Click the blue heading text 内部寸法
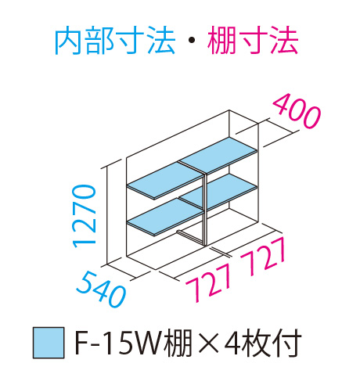(x=115, y=41)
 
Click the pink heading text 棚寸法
(x=253, y=41)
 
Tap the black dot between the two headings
(x=192, y=41)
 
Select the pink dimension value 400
(x=297, y=110)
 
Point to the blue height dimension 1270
(x=84, y=216)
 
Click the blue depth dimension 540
(x=101, y=289)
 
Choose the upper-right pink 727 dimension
(x=263, y=257)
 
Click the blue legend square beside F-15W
(x=49, y=343)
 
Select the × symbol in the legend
(x=206, y=343)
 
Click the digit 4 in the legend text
(x=232, y=343)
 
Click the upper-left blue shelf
(x=165, y=181)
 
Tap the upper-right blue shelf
(x=218, y=154)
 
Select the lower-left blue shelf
(x=165, y=217)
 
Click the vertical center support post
(x=205, y=209)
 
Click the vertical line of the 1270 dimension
(x=107, y=216)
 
